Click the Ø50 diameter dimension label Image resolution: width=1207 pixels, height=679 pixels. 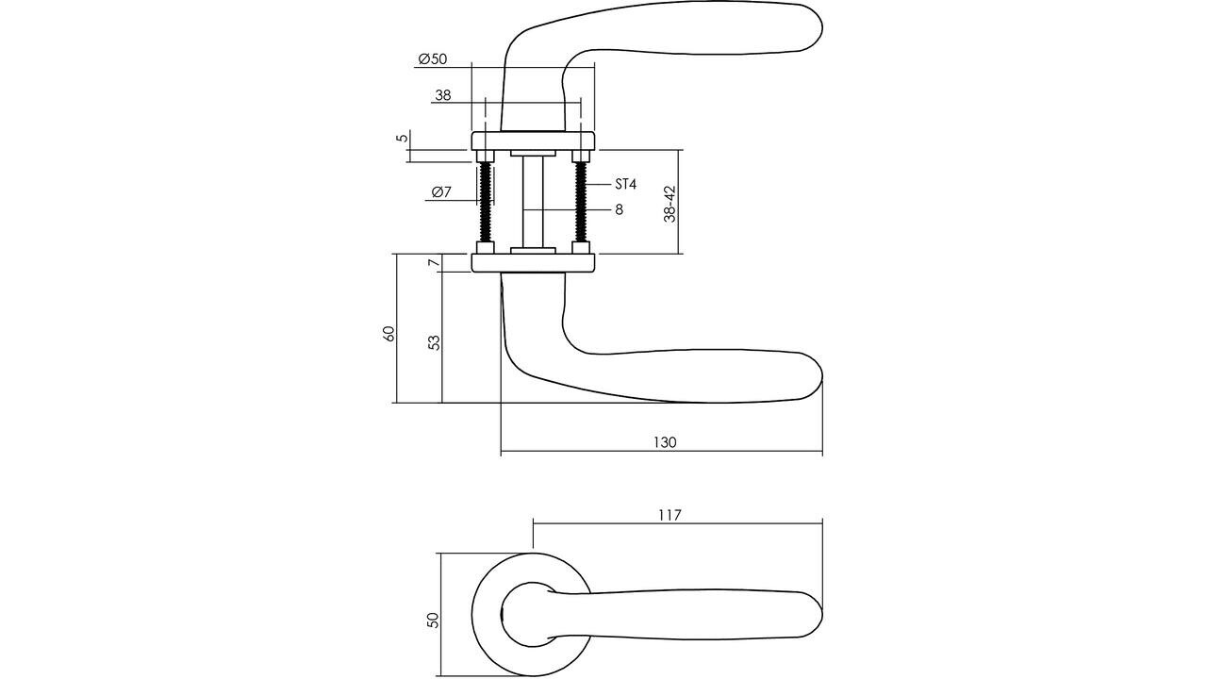click(432, 59)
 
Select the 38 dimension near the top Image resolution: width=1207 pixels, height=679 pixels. click(443, 95)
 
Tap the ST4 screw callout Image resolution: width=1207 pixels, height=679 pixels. click(625, 184)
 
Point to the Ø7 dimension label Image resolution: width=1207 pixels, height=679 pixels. click(441, 192)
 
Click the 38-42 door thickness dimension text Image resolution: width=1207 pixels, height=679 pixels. click(670, 203)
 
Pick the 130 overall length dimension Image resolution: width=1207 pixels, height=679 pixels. click(664, 442)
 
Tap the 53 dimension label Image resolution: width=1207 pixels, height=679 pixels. click(434, 341)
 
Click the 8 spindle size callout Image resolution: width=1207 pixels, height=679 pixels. click(619, 209)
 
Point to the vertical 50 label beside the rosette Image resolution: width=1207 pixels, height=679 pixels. click(433, 620)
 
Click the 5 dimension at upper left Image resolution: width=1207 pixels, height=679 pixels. click(403, 138)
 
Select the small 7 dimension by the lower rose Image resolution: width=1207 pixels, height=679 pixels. click(433, 263)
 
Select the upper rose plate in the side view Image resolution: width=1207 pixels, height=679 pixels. click(533, 141)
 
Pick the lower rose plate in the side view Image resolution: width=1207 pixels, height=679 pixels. click(533, 263)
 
